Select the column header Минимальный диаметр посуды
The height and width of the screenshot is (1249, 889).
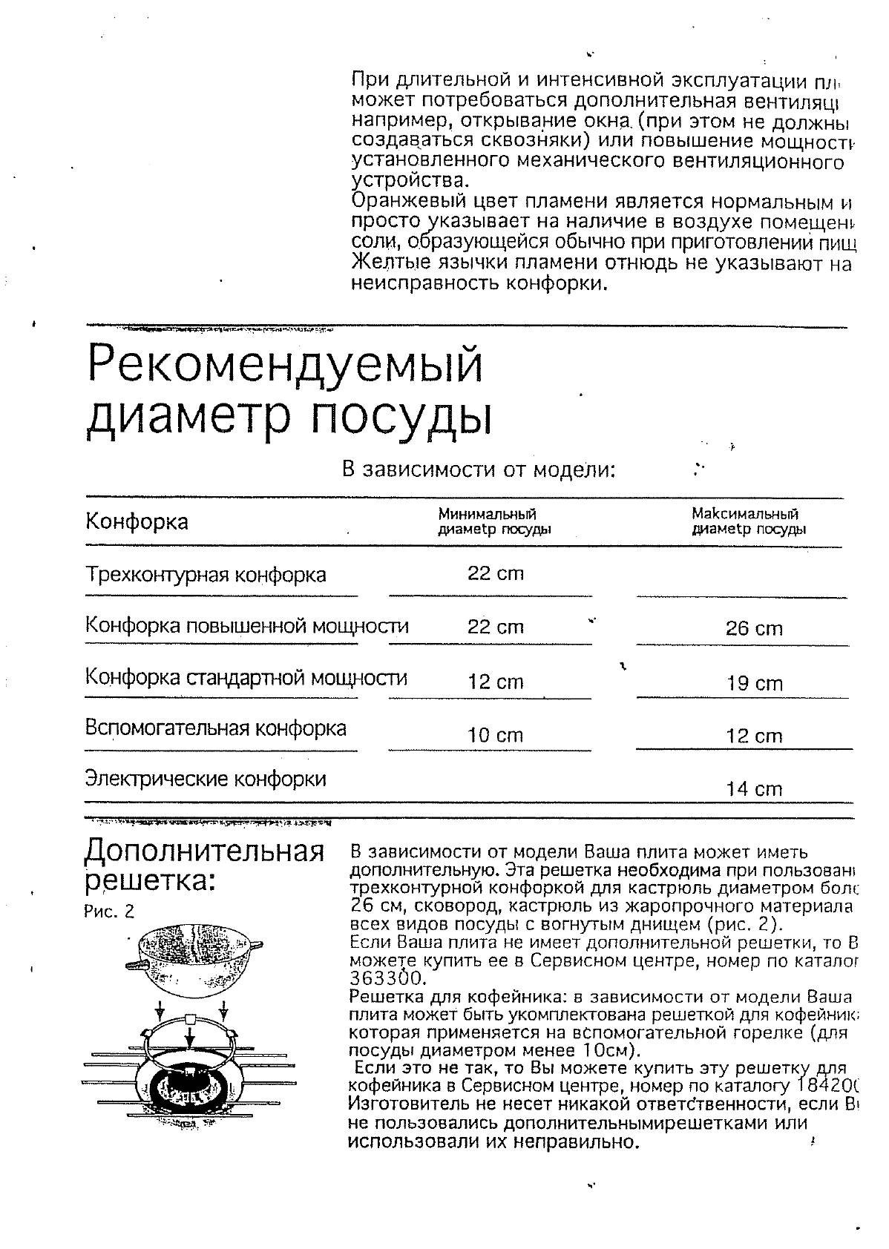(x=494, y=521)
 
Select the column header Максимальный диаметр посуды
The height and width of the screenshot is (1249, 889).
(x=748, y=521)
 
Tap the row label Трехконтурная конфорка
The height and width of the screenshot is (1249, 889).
(x=206, y=575)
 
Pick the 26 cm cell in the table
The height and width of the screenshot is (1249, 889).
(x=754, y=629)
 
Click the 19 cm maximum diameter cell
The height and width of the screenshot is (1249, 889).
(x=754, y=683)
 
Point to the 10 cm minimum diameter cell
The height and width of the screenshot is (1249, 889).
(x=495, y=736)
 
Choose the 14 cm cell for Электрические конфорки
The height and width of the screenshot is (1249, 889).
(x=754, y=789)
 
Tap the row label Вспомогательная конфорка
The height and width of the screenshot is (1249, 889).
(x=216, y=728)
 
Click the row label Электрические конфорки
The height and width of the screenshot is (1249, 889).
(x=206, y=779)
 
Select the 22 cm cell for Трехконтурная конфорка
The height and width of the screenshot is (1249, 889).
(x=495, y=573)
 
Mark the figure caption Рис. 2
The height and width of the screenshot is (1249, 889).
(x=109, y=912)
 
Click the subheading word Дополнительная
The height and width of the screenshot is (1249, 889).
(x=205, y=851)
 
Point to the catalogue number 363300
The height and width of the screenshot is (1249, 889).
(x=377, y=978)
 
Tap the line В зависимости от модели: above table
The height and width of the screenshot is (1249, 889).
(x=479, y=469)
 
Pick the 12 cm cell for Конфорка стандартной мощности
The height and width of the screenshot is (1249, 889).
(x=495, y=682)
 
